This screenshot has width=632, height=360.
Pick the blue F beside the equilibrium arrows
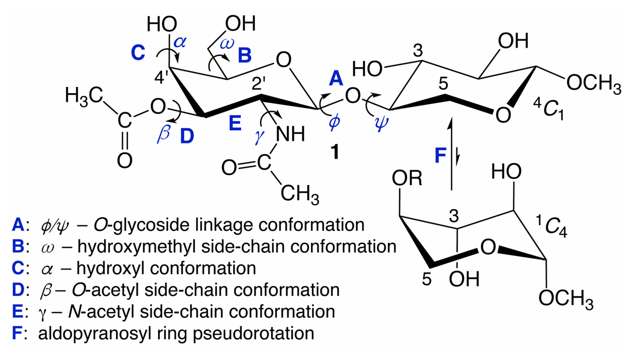(x=440, y=156)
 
